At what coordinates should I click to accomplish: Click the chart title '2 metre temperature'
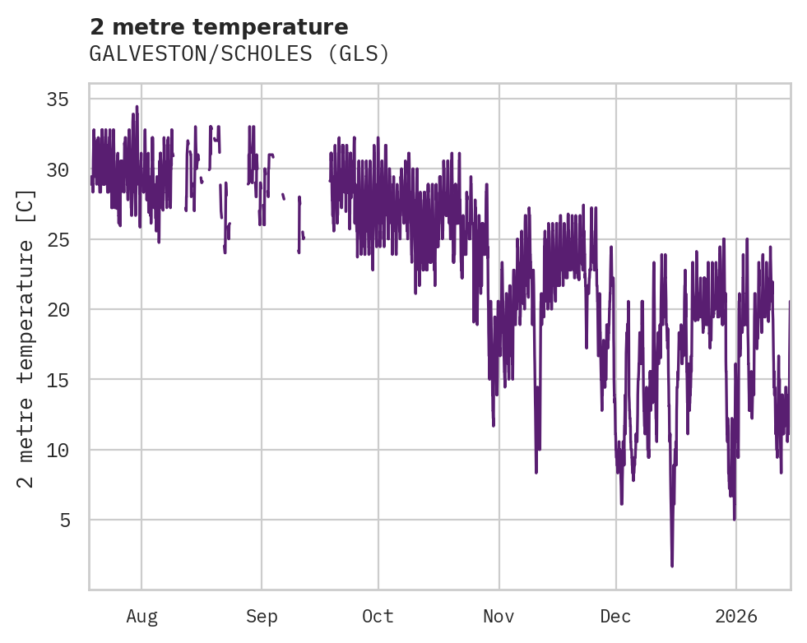click(219, 27)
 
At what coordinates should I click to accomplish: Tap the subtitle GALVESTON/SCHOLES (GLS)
click(239, 54)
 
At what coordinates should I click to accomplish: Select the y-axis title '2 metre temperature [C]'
click(27, 337)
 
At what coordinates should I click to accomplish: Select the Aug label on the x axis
click(141, 617)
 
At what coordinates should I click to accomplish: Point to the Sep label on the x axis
click(262, 617)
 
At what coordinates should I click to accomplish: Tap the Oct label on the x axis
click(378, 617)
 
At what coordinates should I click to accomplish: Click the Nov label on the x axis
click(499, 617)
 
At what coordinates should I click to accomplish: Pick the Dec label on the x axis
click(615, 617)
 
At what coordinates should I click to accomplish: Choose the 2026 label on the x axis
click(735, 617)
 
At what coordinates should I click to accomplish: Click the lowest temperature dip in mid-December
click(672, 565)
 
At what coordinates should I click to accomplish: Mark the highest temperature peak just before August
click(137, 106)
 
